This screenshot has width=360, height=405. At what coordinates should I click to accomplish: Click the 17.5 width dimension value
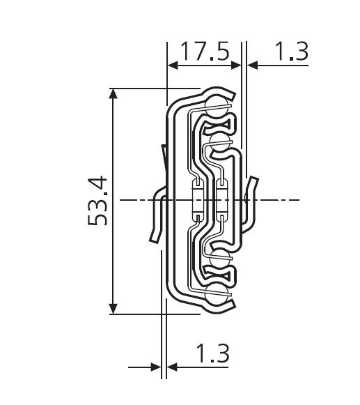205,52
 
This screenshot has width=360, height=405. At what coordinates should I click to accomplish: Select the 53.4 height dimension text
97,201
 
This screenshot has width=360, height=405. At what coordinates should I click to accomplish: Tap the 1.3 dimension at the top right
290,52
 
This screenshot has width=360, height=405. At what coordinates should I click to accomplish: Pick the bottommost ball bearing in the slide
216,294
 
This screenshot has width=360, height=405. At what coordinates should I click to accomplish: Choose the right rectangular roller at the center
221,200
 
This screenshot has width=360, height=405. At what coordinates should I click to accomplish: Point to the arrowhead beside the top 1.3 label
253,66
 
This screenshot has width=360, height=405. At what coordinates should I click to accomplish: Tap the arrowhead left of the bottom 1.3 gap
156,367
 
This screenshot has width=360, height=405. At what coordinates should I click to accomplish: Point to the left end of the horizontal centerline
120,201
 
